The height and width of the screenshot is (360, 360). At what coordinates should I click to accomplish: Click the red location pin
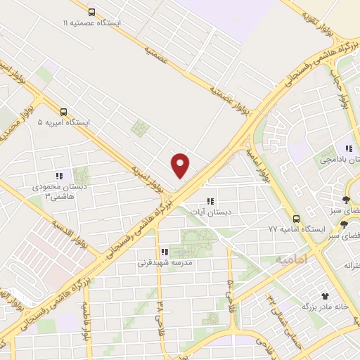click(181, 165)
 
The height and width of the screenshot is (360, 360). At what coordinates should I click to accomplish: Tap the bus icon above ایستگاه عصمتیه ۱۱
click(92, 12)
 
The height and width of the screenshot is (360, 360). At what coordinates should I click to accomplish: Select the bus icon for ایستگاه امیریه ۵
click(64, 111)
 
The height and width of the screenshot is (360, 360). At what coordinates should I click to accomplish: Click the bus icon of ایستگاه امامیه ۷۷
click(297, 218)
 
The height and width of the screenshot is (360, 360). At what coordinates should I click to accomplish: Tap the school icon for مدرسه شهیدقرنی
click(164, 252)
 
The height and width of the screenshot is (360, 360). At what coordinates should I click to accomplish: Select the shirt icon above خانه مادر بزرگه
click(325, 297)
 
